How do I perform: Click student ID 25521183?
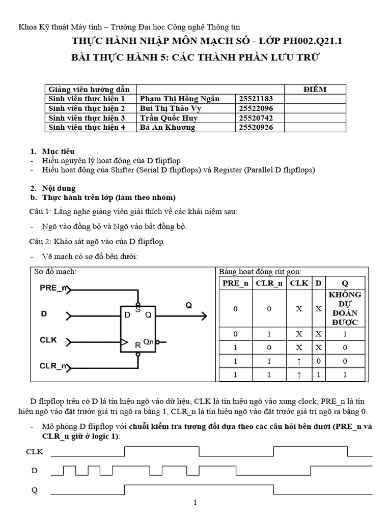(256, 99)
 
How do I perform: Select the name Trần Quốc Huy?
(169, 118)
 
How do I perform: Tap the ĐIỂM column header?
(315, 90)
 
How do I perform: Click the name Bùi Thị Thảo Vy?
(171, 108)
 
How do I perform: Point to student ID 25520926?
(256, 127)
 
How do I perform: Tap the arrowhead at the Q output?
(204, 316)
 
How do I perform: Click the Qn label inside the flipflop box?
(148, 341)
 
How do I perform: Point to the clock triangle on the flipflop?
(124, 342)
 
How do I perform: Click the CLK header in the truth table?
(299, 283)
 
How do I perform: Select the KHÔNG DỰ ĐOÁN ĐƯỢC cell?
(345, 308)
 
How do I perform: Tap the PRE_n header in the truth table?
(235, 283)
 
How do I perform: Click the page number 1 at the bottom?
(195, 503)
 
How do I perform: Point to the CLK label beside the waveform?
(35, 452)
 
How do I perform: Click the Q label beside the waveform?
(35, 490)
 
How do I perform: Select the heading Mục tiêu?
(58, 152)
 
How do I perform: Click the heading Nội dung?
(59, 188)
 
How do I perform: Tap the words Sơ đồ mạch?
(55, 272)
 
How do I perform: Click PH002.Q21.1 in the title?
(313, 41)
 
